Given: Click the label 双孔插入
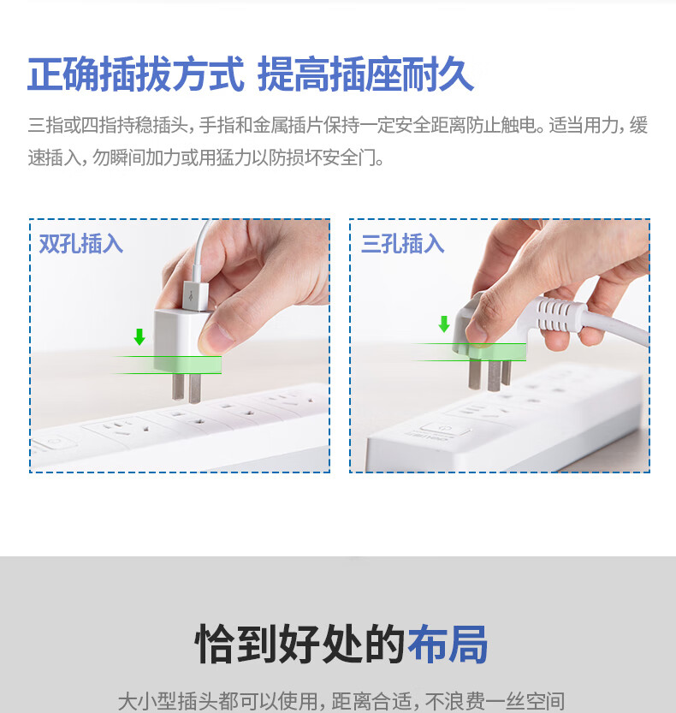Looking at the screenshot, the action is click(81, 244).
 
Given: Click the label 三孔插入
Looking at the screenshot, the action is click(403, 243).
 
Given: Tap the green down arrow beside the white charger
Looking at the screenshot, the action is click(139, 337).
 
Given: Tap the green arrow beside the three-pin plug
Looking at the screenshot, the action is click(444, 324).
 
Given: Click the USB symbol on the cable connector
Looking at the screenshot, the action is click(192, 296).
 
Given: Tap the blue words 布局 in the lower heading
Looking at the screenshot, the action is click(448, 644).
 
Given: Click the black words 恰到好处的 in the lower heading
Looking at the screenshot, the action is click(299, 644).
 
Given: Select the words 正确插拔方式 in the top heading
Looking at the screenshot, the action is click(136, 74).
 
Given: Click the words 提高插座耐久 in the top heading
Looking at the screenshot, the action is click(366, 74).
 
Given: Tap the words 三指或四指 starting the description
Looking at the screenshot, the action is click(72, 125).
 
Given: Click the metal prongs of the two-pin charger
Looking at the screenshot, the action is click(187, 388).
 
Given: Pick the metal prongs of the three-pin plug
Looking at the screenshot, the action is click(490, 375).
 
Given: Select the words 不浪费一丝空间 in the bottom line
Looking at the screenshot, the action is click(495, 701).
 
